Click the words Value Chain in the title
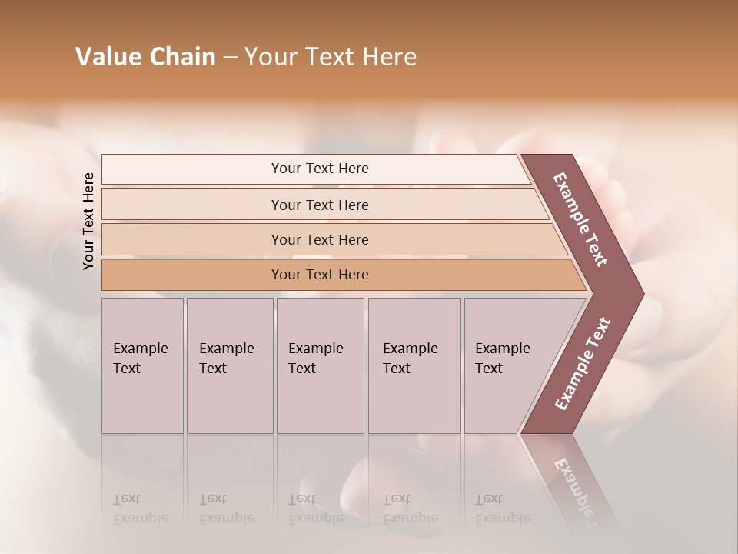coord(145,57)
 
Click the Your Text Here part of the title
coord(331,57)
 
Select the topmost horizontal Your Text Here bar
coord(320,169)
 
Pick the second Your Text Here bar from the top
coord(320,205)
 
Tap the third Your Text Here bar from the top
coord(320,239)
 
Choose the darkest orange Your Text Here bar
coord(320,275)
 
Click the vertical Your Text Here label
coord(88,221)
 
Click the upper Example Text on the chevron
coord(580,219)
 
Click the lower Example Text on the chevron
coord(583,363)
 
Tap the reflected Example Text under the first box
coord(141,509)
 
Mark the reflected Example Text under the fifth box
coord(503,509)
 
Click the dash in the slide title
coord(230,58)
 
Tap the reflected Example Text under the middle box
coord(315,509)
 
